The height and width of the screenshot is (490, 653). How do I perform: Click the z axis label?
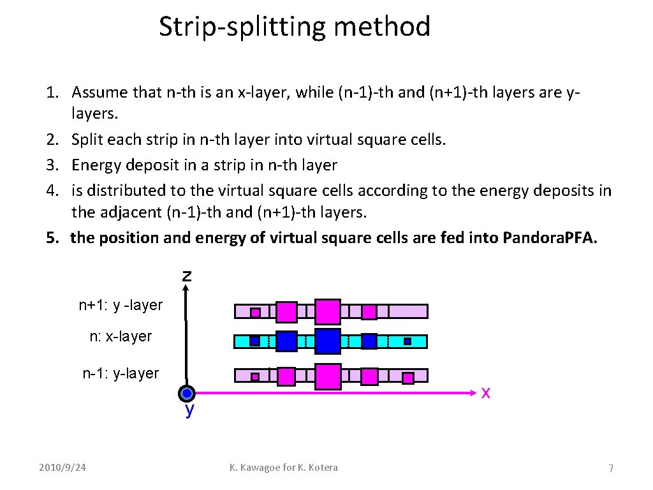186,276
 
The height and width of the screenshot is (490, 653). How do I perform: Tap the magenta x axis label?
486,392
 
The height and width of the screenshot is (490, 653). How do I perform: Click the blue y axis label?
189,410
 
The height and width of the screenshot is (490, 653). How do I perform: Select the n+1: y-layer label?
121,306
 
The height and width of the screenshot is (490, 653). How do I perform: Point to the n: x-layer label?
121,336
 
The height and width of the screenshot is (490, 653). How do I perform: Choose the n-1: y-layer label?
121,373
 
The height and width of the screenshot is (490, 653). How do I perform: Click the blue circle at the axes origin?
186,394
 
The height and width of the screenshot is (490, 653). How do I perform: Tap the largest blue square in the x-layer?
328,341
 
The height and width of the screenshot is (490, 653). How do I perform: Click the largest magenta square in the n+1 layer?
328,311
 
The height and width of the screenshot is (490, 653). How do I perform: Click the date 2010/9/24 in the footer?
62,468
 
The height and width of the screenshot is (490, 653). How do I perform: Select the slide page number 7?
610,469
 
